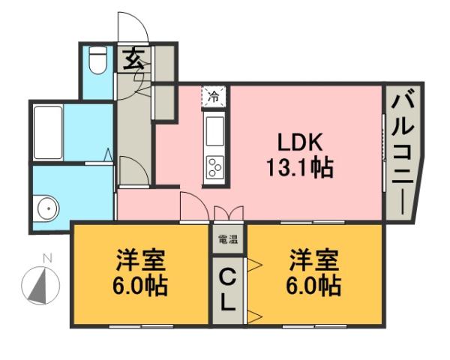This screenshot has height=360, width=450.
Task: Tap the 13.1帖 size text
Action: [x=299, y=166]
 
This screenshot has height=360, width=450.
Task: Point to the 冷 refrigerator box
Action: [x=214, y=96]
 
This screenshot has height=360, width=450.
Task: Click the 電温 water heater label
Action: [x=227, y=241]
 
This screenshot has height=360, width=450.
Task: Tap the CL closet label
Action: [x=227, y=291]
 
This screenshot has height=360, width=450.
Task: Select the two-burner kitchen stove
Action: [x=214, y=166]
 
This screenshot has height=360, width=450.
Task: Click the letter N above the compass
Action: [x=46, y=259]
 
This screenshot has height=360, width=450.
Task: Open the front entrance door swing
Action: [x=131, y=26]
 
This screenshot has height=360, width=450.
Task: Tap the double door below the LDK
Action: [x=228, y=213]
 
